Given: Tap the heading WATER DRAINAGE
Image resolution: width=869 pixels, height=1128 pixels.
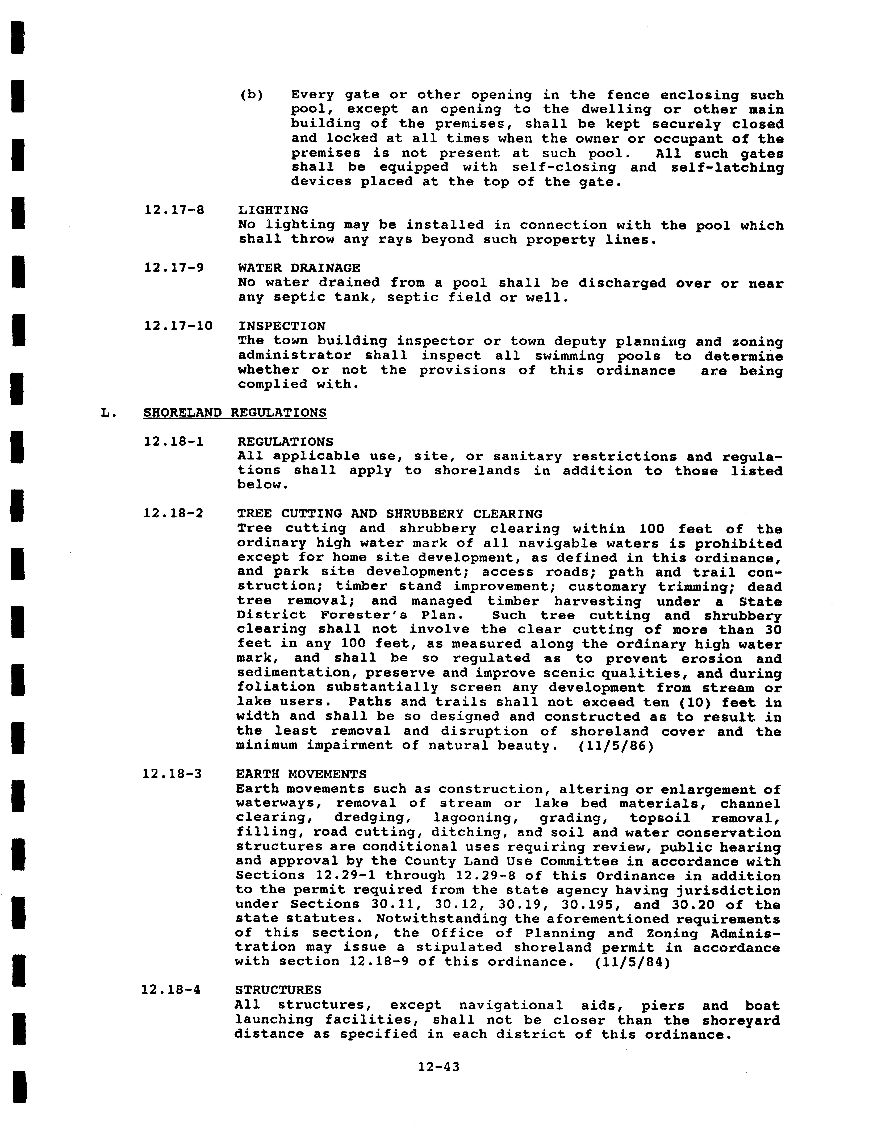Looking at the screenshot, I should click(299, 268).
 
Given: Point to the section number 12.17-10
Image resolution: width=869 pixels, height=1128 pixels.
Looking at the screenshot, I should click(178, 326).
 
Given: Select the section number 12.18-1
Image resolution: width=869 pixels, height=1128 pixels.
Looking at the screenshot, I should click(173, 442).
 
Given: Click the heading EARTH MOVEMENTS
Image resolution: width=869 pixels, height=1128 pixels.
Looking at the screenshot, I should click(301, 774).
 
